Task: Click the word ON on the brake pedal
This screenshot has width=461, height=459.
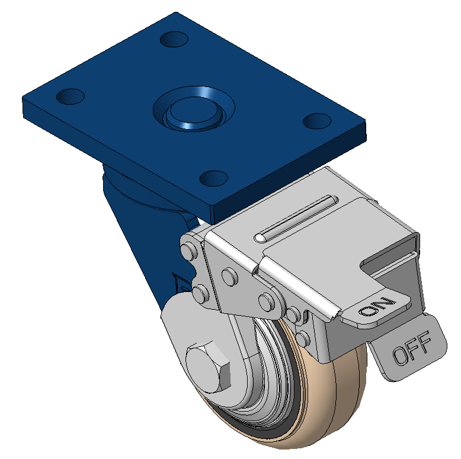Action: point(377,307)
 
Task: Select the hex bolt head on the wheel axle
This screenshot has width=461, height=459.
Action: point(208,367)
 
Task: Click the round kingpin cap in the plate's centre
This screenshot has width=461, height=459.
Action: point(193,111)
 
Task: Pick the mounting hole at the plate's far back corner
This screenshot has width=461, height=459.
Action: point(174,39)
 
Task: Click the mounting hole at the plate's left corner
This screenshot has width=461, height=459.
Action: point(71,97)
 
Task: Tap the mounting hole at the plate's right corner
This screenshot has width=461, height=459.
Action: point(317,121)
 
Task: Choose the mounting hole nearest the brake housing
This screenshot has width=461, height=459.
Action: point(214,178)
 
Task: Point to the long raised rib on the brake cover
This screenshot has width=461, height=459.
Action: point(296,219)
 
